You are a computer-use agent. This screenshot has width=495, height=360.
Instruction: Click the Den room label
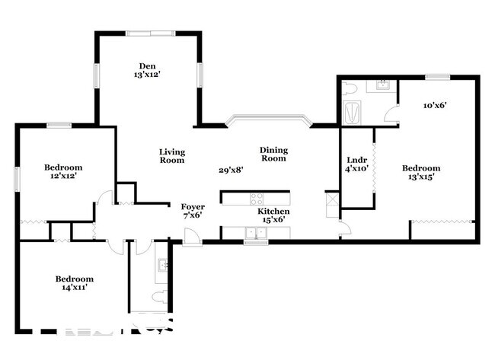pyautogui.click(x=148, y=65)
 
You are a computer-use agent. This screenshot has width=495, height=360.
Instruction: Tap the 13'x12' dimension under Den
pyautogui.click(x=148, y=75)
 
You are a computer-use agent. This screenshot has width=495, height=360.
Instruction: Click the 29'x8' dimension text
pyautogui.click(x=231, y=170)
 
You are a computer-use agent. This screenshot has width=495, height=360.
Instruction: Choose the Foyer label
pyautogui.click(x=193, y=206)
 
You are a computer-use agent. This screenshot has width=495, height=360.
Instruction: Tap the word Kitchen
pyautogui.click(x=273, y=211)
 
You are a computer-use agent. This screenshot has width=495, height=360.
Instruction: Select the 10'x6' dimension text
pyautogui.click(x=434, y=106)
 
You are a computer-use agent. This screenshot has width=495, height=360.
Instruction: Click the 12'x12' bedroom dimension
pyautogui.click(x=62, y=177)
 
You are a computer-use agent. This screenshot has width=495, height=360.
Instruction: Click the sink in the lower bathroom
pyautogui.click(x=161, y=265)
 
